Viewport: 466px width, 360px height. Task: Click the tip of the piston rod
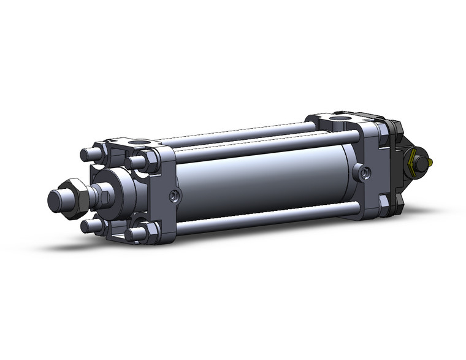tap(56, 200)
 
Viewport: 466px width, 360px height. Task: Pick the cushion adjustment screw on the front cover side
tap(176, 196)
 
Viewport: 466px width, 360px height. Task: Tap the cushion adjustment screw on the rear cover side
tap(366, 174)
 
